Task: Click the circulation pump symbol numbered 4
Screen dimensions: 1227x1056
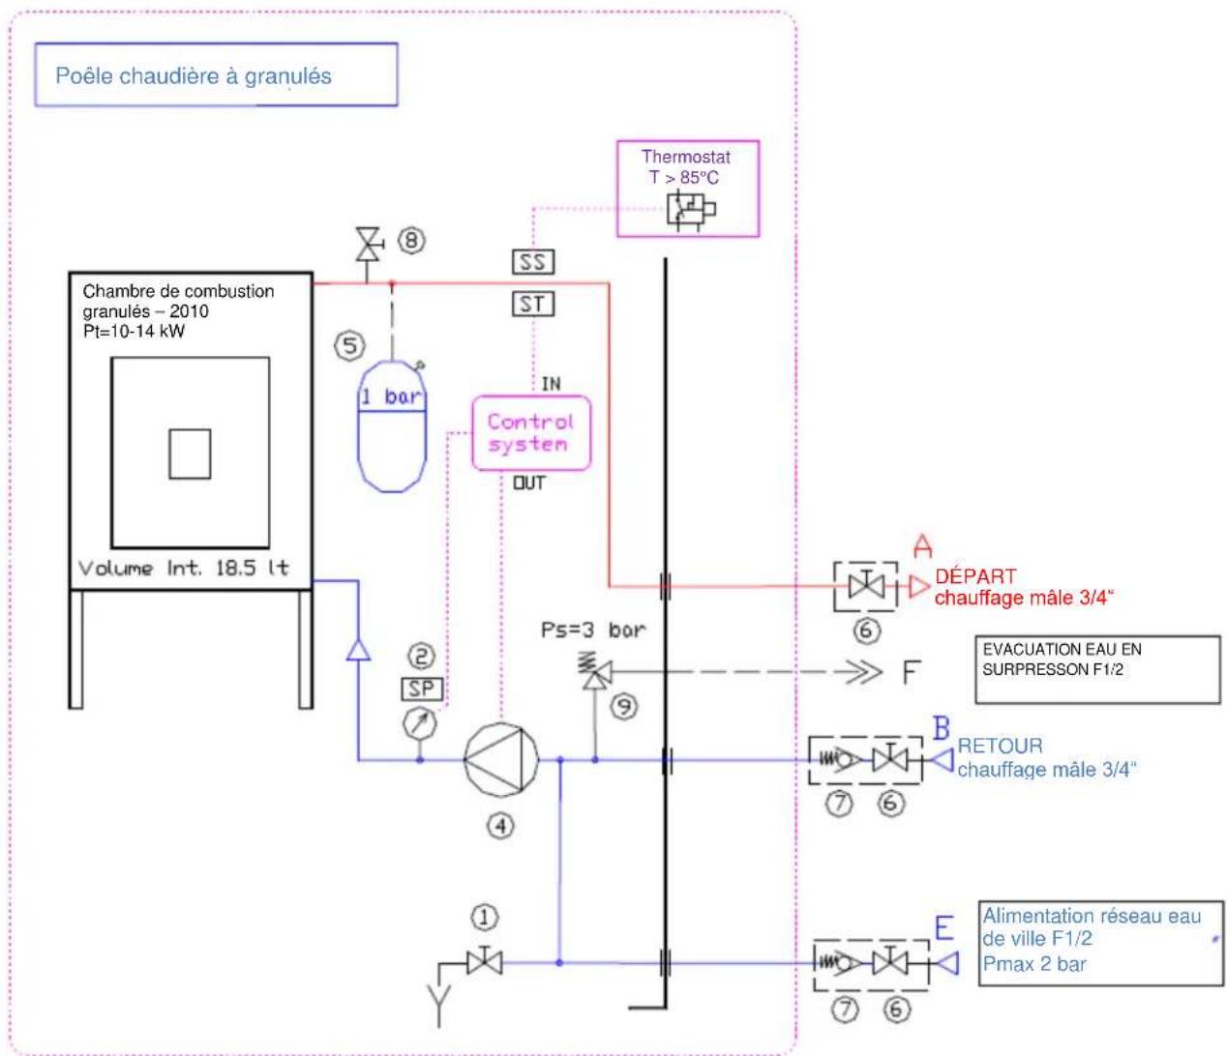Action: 501,759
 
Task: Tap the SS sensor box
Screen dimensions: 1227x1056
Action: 533,262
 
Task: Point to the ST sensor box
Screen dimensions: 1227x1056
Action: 533,304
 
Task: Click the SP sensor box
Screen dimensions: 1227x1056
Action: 422,689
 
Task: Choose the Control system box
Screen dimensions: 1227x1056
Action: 531,433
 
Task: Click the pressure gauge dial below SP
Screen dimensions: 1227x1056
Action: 420,723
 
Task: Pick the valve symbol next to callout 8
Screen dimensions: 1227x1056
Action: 369,245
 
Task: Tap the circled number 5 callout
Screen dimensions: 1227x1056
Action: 349,346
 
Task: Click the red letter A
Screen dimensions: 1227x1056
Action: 922,545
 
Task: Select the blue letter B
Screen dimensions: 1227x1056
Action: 942,728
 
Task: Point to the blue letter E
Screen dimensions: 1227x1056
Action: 944,927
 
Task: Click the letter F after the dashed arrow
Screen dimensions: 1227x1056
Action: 912,672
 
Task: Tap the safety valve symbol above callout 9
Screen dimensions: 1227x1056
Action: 595,672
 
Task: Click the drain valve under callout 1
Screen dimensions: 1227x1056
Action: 485,963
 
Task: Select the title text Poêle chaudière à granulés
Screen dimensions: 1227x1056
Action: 194,76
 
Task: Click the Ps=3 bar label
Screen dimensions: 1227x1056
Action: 593,630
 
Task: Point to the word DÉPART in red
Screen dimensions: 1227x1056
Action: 975,576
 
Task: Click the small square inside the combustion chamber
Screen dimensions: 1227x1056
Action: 190,454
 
